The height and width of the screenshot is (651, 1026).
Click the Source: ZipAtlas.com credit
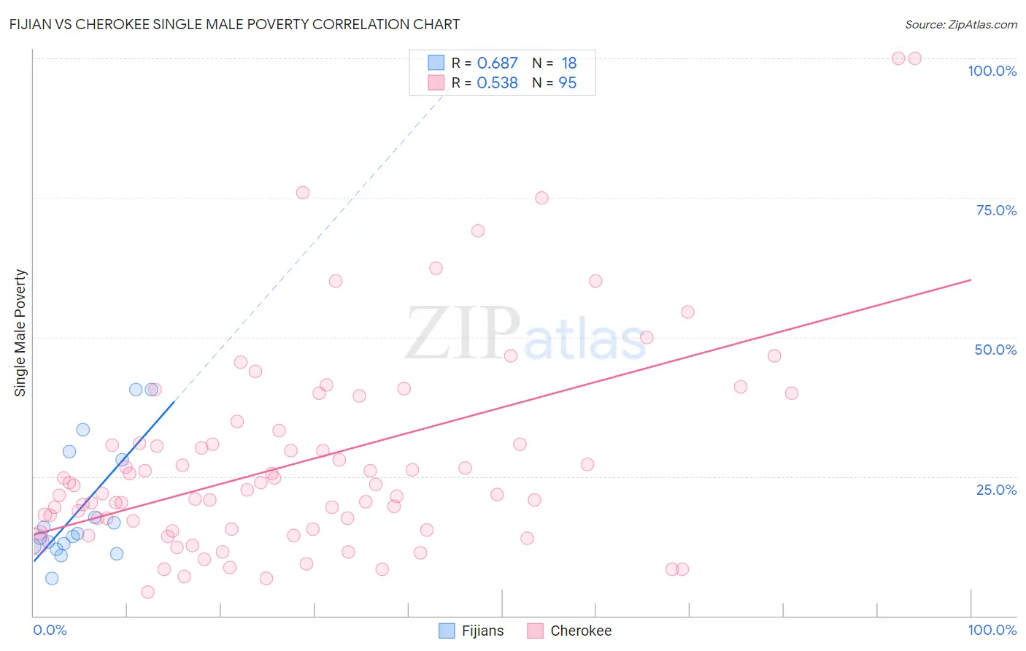(960, 24)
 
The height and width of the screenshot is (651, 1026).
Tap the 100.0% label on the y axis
(992, 71)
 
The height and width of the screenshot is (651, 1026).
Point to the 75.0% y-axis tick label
(996, 210)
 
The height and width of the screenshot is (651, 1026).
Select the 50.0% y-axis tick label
(995, 350)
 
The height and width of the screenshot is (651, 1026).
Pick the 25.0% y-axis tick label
(996, 489)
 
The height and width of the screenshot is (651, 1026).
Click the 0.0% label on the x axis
(50, 630)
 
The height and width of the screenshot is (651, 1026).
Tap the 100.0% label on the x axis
(992, 630)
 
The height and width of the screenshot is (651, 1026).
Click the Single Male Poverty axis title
(20, 333)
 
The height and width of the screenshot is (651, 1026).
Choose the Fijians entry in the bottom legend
(482, 631)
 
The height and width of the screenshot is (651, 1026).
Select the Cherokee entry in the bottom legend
(580, 631)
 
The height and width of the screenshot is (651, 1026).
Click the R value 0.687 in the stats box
(497, 63)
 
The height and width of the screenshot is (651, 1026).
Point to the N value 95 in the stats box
(567, 83)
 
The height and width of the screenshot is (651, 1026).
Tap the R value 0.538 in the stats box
(497, 83)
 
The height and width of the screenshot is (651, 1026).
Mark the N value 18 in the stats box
(568, 63)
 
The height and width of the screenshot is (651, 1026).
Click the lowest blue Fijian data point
(52, 578)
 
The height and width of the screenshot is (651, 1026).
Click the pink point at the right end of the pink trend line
(970, 280)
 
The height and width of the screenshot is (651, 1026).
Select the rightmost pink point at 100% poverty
(914, 58)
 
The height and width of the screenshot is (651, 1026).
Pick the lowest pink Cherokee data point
(147, 592)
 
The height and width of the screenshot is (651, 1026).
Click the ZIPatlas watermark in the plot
(525, 334)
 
